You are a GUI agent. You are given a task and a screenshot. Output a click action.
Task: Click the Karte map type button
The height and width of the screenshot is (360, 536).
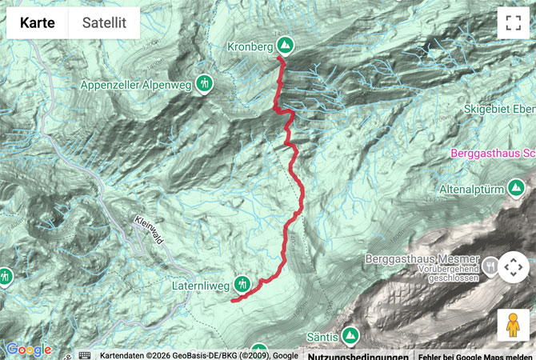pyautogui.click(x=38, y=23)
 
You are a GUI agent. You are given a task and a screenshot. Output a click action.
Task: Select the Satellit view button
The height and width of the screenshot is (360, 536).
pyautogui.click(x=104, y=23)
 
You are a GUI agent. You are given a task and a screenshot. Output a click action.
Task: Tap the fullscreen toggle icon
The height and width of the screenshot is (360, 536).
pyautogui.click(x=513, y=23)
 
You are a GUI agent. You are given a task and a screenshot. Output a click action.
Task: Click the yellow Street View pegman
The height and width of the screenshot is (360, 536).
pyautogui.click(x=513, y=325)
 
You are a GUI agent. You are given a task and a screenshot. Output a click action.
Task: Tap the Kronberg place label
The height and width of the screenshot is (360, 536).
pyautogui.click(x=250, y=46)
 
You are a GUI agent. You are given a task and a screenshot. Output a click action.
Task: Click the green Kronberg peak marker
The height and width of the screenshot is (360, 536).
pyautogui.click(x=285, y=46)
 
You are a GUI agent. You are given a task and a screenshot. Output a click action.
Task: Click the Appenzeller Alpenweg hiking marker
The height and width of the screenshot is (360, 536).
pyautogui.click(x=206, y=82)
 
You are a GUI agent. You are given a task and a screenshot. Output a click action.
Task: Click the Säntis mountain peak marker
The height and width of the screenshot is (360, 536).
pyautogui.click(x=349, y=336)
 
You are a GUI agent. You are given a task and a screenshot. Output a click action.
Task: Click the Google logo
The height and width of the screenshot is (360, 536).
pyautogui.click(x=28, y=350)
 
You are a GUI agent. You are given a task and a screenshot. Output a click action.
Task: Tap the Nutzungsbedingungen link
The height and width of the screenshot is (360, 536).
pyautogui.click(x=358, y=356)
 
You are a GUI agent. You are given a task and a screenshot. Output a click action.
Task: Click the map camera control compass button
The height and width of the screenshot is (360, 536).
pyautogui.click(x=513, y=267)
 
